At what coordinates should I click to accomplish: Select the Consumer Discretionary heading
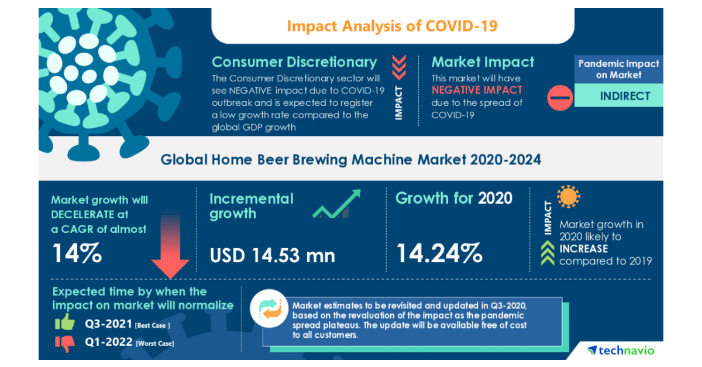point(294,62)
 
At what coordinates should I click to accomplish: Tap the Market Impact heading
point(483,62)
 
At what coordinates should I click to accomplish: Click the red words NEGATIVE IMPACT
point(477,90)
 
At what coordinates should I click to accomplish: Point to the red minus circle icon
point(560,97)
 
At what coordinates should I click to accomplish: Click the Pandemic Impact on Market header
point(618,69)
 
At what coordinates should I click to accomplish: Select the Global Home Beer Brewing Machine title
point(351,159)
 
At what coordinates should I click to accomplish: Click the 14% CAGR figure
point(77,253)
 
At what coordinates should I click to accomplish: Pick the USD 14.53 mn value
point(273,255)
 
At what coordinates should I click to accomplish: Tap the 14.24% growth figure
point(439,253)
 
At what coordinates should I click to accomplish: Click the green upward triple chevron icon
point(548,253)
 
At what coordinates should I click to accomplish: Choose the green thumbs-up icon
point(64,322)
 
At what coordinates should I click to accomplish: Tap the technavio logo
point(621,350)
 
